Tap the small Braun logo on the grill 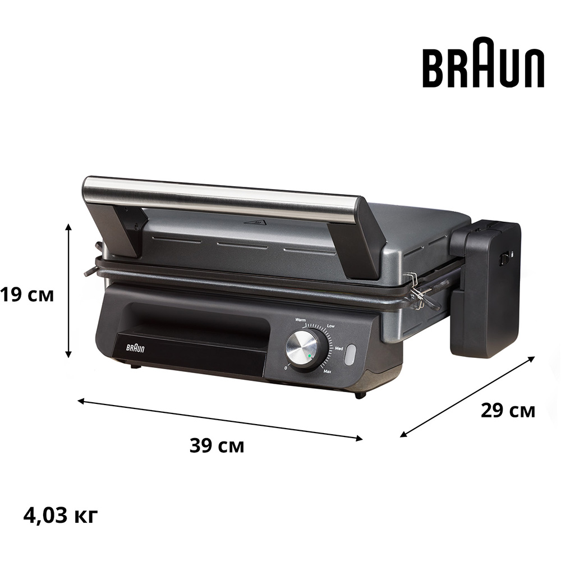coord(135,348)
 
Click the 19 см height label coord(26,294)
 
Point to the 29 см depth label coord(508,411)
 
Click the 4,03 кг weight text coord(61,514)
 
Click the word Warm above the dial coord(301,320)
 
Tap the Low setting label coord(331,326)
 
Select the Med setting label coord(339,348)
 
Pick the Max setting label coord(327,372)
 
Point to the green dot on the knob coord(309,357)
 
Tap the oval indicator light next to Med coord(350,355)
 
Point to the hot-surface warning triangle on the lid coord(256,223)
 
